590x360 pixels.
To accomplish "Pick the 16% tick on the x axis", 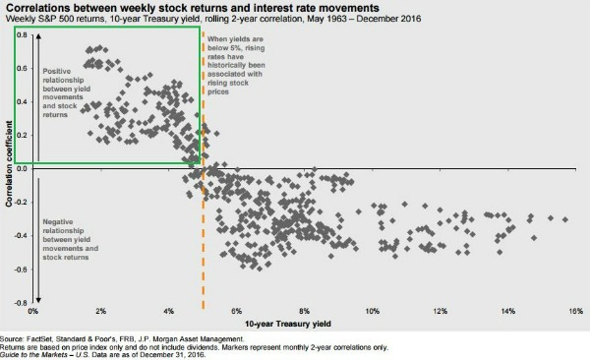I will tap(575, 312).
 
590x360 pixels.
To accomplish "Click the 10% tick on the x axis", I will tap(373, 312).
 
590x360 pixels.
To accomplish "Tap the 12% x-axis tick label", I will tap(441, 312).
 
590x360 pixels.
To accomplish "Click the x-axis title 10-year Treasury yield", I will tap(304, 324).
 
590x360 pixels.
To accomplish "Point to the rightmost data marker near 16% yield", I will tap(564, 220).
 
